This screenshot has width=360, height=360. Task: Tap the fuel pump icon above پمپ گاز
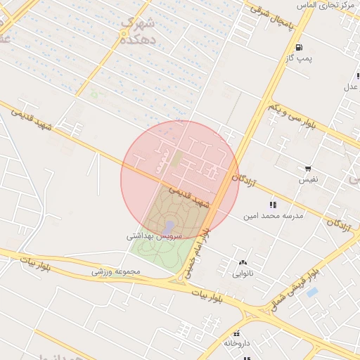[x=300, y=48]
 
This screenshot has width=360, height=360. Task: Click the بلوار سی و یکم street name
[x=296, y=115]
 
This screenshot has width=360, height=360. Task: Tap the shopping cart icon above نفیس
[x=308, y=169]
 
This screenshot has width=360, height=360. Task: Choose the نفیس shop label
[x=309, y=180]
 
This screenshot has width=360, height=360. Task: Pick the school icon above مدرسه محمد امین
[x=273, y=205]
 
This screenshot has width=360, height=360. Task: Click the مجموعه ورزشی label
[x=117, y=271]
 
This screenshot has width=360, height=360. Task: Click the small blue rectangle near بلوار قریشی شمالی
[x=312, y=291]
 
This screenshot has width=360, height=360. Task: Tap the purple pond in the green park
[x=169, y=226]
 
